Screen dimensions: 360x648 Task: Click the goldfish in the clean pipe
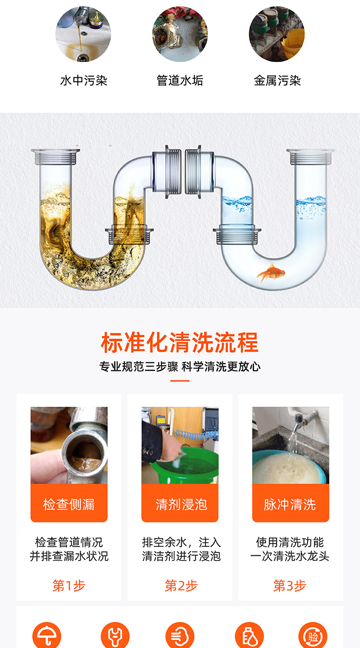click(271, 272)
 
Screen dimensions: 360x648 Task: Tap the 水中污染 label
click(84, 80)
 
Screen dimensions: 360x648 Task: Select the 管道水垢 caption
click(180, 80)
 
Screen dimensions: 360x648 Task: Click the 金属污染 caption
click(277, 80)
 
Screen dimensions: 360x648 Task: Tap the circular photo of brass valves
click(180, 34)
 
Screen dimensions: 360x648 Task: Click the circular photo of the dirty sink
click(83, 34)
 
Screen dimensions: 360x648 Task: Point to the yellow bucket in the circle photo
click(293, 43)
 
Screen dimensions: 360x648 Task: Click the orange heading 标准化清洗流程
click(180, 342)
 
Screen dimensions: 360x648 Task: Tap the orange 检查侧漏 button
click(69, 503)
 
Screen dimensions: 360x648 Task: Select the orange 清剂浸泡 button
click(180, 503)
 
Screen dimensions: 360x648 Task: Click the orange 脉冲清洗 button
click(290, 503)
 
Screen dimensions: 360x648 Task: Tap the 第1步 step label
click(69, 586)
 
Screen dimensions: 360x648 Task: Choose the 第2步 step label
click(181, 586)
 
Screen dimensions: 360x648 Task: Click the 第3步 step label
click(290, 586)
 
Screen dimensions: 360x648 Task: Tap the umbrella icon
click(47, 636)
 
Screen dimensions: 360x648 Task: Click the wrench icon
click(115, 636)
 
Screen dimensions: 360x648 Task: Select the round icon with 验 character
click(313, 636)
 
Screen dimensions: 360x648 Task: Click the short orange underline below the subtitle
click(180, 381)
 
